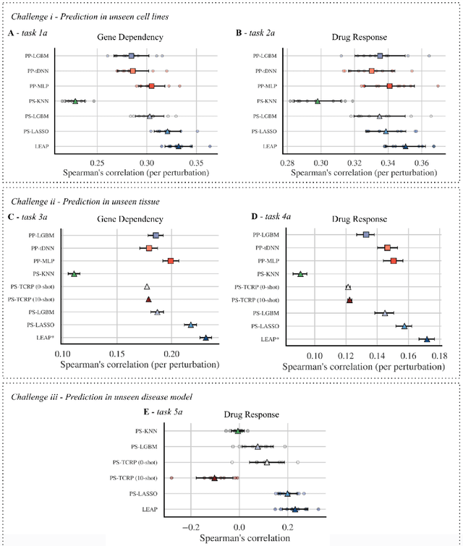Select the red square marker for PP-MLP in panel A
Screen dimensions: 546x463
tap(151, 86)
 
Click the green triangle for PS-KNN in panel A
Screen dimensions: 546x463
tap(75, 101)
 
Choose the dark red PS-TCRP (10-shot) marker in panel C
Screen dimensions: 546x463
tap(148, 299)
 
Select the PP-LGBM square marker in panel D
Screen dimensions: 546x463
tap(366, 235)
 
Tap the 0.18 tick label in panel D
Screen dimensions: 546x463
tap(439, 357)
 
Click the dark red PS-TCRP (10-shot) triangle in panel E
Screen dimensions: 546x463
tap(213, 478)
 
